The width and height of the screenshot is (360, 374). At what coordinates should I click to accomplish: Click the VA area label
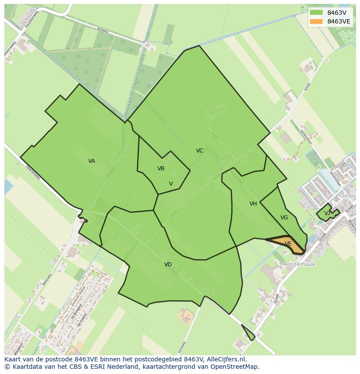click(91, 161)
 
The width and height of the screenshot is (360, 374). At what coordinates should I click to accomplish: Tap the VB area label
click(161, 169)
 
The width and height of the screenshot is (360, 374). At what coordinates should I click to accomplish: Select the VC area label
click(200, 151)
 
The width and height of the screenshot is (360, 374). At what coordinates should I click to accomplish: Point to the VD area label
click(168, 265)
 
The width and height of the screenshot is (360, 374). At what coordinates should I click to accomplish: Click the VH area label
click(253, 204)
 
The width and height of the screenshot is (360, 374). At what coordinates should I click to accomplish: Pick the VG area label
click(284, 218)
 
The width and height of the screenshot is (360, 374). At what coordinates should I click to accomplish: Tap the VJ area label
click(327, 213)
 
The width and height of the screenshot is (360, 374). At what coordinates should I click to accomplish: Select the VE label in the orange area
click(288, 244)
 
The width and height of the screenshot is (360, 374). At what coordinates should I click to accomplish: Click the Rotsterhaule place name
click(300, 264)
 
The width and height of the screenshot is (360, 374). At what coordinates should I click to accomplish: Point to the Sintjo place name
click(349, 196)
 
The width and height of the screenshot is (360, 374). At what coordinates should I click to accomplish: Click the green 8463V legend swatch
click(316, 13)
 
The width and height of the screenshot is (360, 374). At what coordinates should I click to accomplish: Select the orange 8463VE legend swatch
click(316, 21)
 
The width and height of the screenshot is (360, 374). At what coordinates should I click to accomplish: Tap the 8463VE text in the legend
click(339, 21)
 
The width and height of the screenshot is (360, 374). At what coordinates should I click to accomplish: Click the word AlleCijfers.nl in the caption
click(226, 359)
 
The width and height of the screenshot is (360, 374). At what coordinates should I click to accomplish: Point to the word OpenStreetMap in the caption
click(237, 367)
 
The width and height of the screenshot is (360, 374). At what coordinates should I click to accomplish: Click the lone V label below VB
click(171, 184)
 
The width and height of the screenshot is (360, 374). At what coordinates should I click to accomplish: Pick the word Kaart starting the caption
click(13, 359)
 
